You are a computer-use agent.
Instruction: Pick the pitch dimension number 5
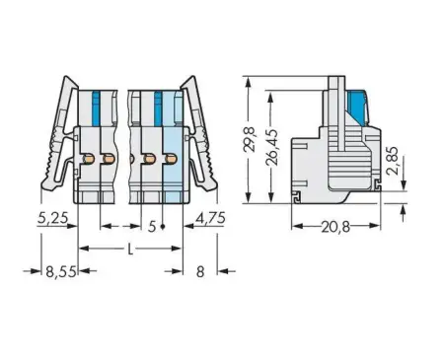(x=150, y=226)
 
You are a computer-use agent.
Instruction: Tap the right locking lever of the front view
(x=207, y=138)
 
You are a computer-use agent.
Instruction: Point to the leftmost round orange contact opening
(x=86, y=159)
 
